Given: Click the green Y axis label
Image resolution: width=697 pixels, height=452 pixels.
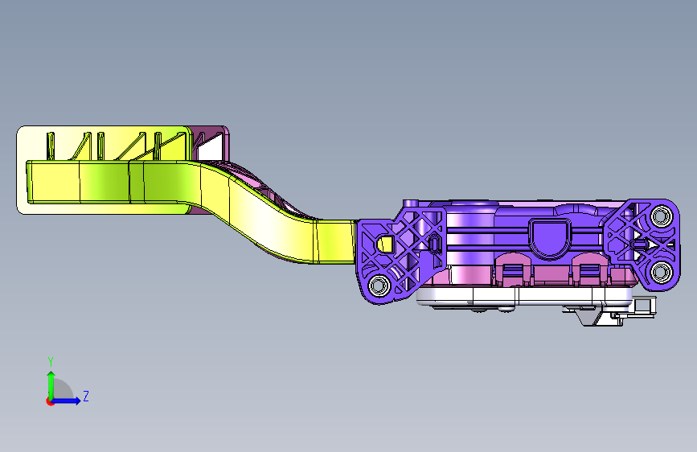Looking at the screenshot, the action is [51, 362].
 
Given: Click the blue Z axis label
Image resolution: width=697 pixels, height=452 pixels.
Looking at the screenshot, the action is [86, 396].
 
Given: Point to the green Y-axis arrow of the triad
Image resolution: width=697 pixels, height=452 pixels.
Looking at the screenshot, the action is [51, 385].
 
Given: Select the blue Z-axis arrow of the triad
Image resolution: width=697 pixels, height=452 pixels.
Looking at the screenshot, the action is [65, 401].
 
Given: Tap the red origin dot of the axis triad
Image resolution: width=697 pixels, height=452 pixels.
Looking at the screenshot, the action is [50, 401].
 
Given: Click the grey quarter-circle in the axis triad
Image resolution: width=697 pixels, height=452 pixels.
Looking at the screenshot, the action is [63, 390].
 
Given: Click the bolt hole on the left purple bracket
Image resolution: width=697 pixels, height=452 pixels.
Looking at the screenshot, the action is [379, 285].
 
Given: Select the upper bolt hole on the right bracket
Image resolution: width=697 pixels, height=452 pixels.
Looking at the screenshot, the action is [661, 216].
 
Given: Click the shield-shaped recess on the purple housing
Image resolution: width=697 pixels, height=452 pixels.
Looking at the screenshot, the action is [549, 238].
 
